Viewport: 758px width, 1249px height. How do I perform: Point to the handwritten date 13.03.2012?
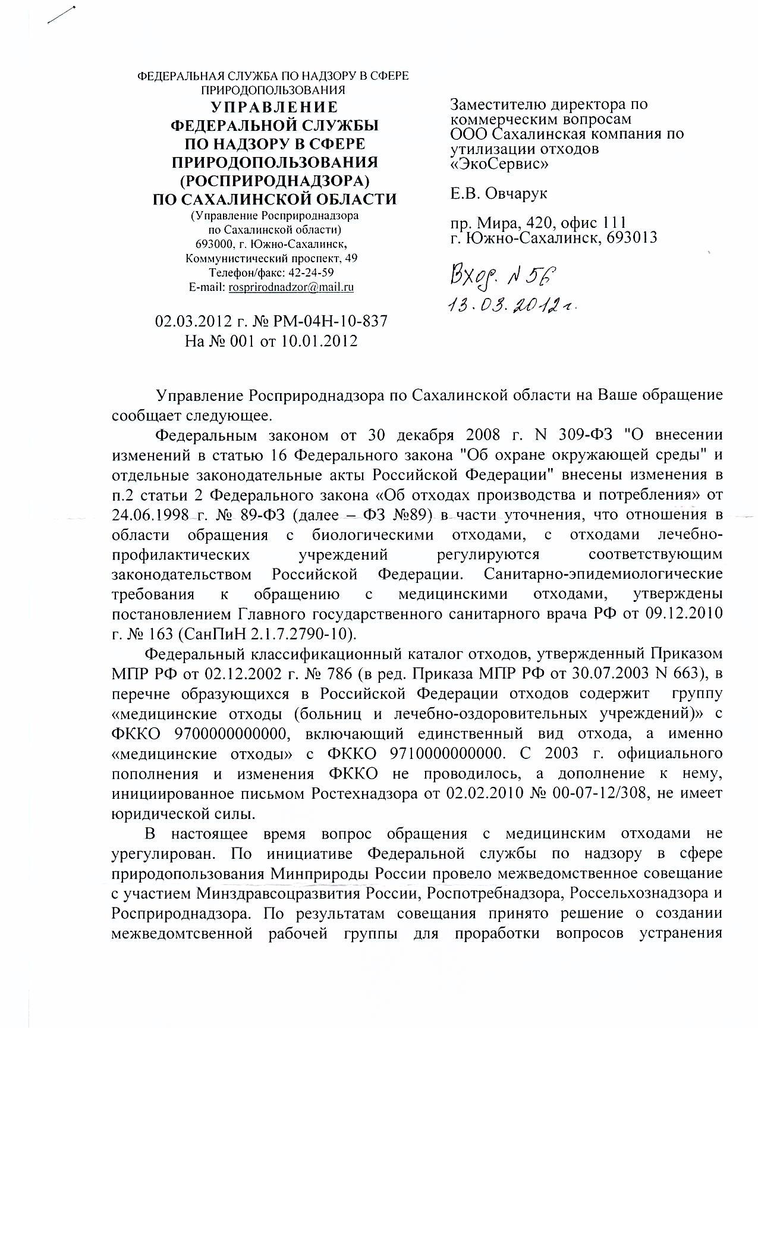[514, 305]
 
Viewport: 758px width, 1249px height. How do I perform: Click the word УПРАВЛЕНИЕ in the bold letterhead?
[275, 108]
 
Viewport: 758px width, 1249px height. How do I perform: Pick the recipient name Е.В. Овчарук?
[499, 193]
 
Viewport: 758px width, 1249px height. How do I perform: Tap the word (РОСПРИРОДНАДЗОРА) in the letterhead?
[275, 180]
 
